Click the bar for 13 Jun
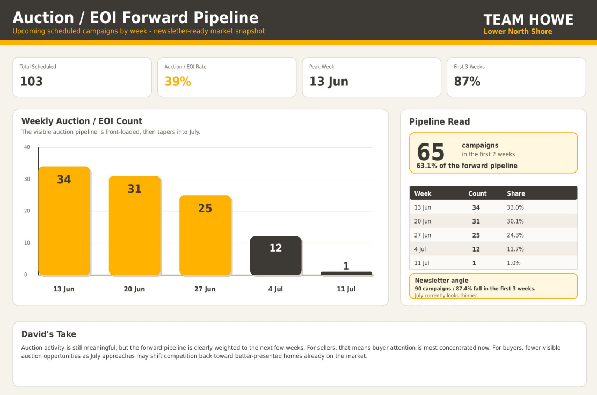[x=64, y=221]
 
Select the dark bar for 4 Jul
[x=275, y=256]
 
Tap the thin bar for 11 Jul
[x=346, y=274]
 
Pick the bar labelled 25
[x=205, y=235]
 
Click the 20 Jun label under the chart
[x=134, y=289]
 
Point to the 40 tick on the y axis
[x=27, y=147]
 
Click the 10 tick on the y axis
[x=27, y=242]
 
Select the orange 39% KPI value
[x=178, y=82]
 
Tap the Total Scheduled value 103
[x=31, y=82]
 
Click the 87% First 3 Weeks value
[x=467, y=82]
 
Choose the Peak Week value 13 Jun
[x=329, y=82]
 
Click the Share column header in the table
[x=516, y=193]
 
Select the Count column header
[x=477, y=193]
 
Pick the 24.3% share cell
[x=515, y=235]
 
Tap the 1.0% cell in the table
[x=514, y=263]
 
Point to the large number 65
[x=431, y=152]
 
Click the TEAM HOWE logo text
[x=528, y=19]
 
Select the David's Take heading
[x=49, y=334]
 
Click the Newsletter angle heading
[x=442, y=281]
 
